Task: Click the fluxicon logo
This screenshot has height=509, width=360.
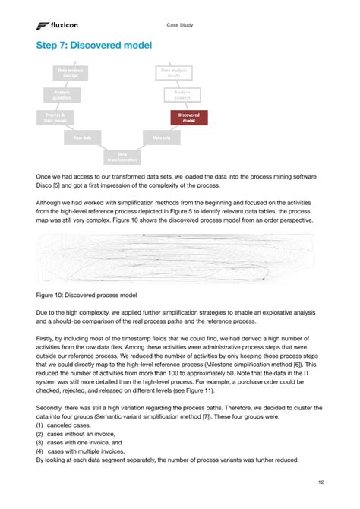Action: tap(57, 26)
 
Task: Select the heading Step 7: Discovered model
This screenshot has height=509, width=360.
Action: tap(93, 46)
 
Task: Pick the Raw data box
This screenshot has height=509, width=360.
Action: tap(82, 138)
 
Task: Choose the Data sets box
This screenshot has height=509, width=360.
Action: tap(161, 138)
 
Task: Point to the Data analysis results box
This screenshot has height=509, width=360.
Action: tap(175, 74)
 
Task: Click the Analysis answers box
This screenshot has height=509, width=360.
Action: tap(182, 96)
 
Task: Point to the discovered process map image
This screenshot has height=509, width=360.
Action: tap(179, 257)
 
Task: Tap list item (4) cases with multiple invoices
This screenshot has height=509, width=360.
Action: tap(85, 451)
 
